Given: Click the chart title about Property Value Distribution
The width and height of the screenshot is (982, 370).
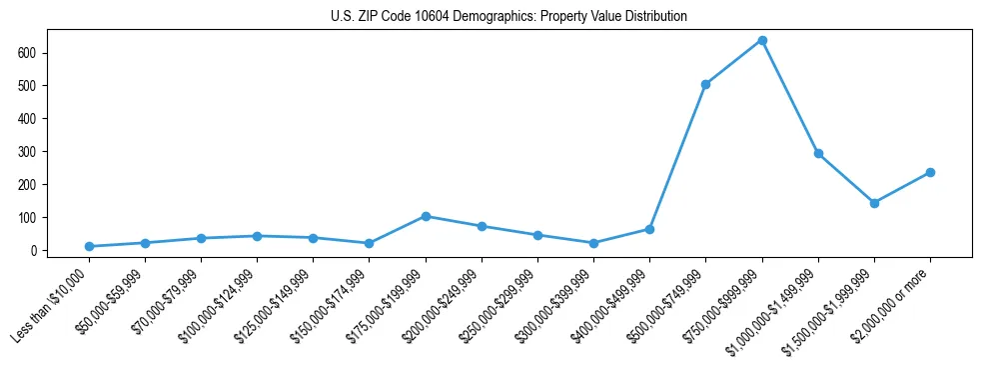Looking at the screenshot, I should [508, 17].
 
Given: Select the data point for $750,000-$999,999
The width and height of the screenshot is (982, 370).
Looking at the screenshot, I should [762, 40].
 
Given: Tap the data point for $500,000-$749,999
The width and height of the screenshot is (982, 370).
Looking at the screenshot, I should [706, 84].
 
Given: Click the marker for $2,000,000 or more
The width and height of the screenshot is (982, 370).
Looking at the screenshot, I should [930, 172].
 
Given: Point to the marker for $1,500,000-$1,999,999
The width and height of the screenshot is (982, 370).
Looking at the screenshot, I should [874, 203].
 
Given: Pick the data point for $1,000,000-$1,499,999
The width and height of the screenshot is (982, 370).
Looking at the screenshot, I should [818, 153].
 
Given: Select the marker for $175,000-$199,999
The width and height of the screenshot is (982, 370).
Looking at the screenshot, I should [426, 216].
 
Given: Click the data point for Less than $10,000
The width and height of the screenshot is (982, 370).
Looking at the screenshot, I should [89, 246].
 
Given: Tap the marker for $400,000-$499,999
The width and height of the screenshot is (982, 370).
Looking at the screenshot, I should [650, 229].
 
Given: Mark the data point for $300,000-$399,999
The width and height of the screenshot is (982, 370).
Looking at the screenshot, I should [594, 243].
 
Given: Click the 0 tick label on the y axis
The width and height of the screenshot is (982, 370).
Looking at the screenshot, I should [33, 250].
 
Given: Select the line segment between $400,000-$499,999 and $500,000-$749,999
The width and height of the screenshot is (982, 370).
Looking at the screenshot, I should [678, 157].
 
